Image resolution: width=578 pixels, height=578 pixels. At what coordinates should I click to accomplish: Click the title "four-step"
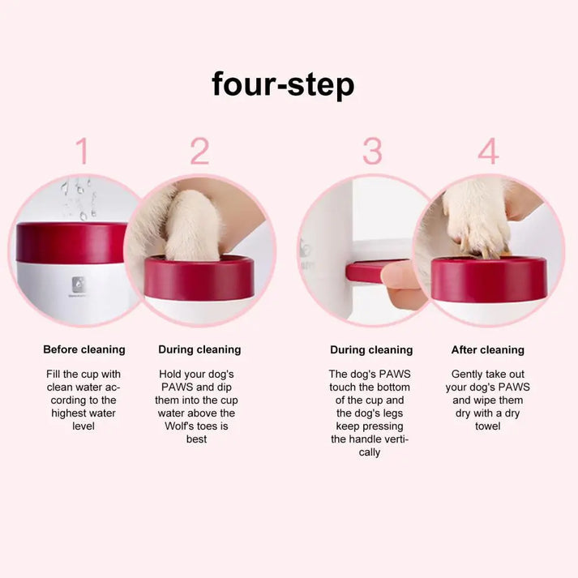click(x=283, y=83)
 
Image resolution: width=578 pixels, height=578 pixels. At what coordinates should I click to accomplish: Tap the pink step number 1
click(x=82, y=152)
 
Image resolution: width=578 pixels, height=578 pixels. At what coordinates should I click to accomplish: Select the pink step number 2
click(x=199, y=152)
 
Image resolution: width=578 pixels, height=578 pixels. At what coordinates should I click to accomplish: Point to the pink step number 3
click(x=372, y=152)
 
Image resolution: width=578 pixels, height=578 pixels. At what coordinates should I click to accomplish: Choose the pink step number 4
click(x=488, y=152)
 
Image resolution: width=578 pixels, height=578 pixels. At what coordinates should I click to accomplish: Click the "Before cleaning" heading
click(x=84, y=349)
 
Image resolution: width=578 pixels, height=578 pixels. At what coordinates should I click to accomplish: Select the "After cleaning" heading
click(x=488, y=350)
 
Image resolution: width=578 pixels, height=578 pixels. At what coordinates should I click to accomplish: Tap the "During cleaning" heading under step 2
click(x=199, y=349)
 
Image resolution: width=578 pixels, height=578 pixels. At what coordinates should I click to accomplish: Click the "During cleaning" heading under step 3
click(x=371, y=350)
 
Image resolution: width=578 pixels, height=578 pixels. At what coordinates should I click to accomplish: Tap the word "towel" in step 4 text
click(x=488, y=426)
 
